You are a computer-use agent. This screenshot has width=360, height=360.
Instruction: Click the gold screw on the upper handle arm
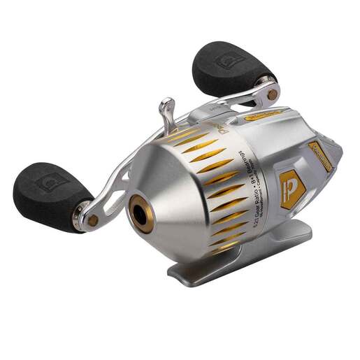tap(271, 92)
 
